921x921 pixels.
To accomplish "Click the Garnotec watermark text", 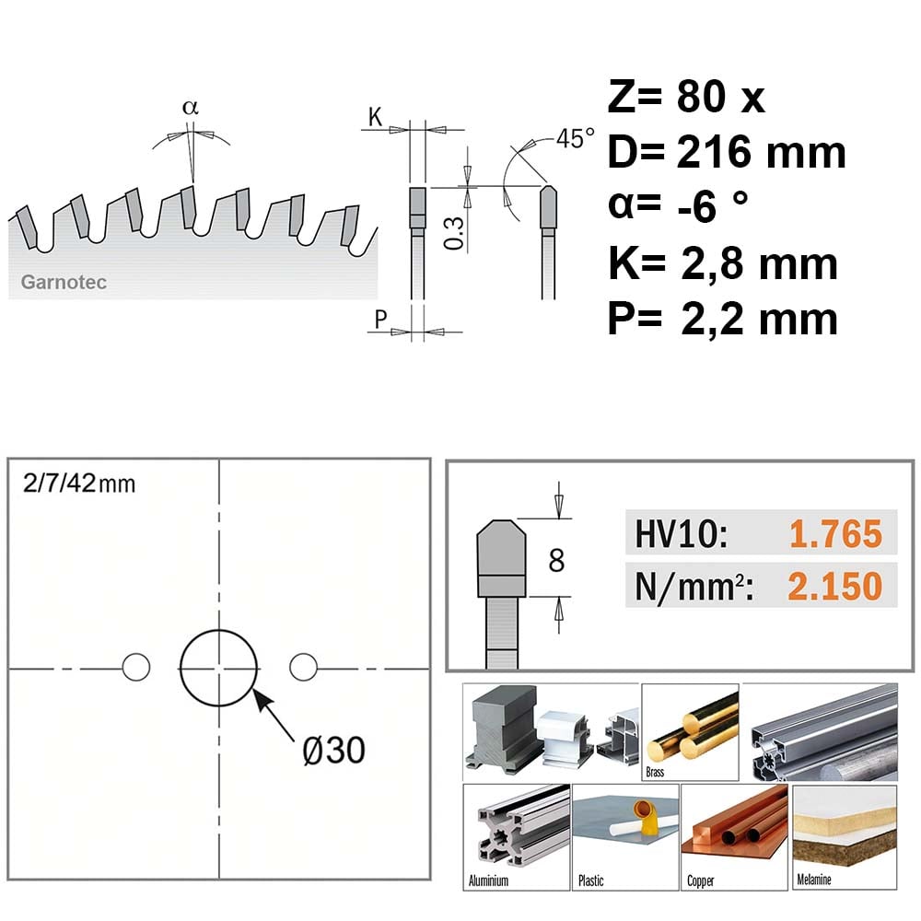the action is pyautogui.click(x=64, y=283).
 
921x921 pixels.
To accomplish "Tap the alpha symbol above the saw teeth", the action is pyautogui.click(x=191, y=108).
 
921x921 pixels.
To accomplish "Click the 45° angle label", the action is pyautogui.click(x=575, y=139).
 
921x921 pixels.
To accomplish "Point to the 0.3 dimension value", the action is pyautogui.click(x=454, y=233).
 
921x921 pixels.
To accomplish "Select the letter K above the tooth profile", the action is pyautogui.click(x=376, y=117).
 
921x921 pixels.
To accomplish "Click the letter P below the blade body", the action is pyautogui.click(x=380, y=320).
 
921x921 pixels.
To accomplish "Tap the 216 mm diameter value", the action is pyautogui.click(x=762, y=152).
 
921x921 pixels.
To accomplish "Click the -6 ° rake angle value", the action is pyautogui.click(x=713, y=206).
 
